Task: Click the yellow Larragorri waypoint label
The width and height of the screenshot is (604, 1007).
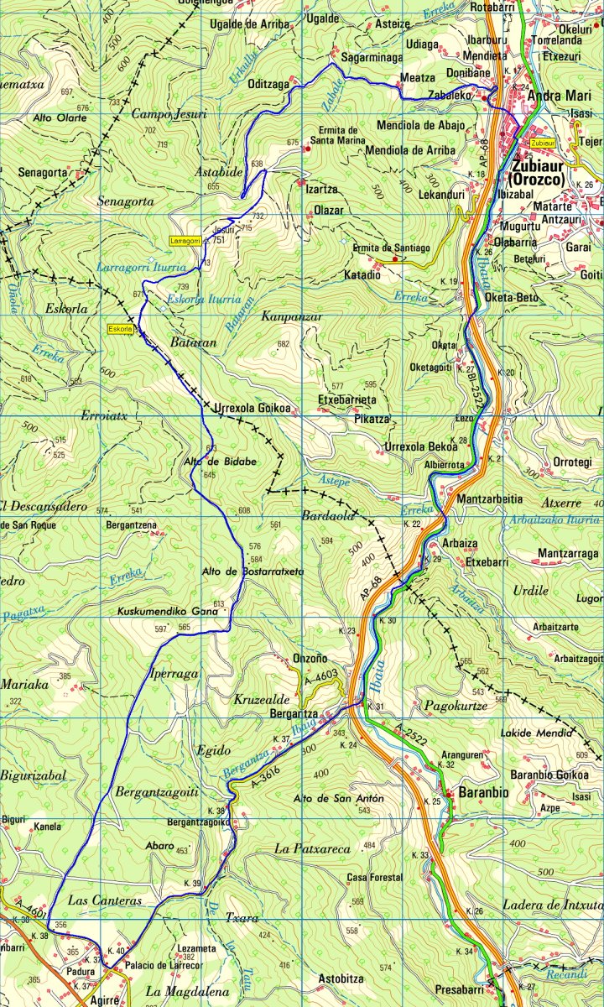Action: (x=185, y=241)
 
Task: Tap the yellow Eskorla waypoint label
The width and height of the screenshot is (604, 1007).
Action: (x=121, y=329)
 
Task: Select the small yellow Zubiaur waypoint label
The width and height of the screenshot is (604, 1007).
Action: (x=543, y=143)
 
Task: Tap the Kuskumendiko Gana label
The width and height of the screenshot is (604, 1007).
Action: (x=167, y=611)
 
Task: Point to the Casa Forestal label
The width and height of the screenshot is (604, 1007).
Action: (x=374, y=878)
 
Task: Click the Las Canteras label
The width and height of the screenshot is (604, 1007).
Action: (x=105, y=900)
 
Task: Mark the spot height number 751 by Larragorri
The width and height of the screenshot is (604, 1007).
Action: (x=220, y=240)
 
